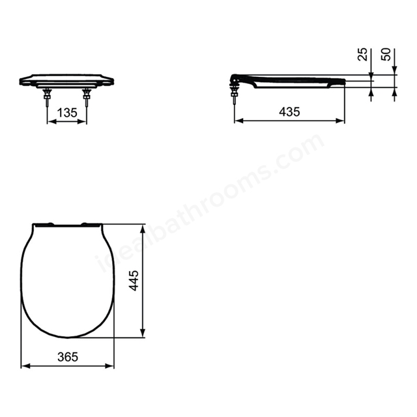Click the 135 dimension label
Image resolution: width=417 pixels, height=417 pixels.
tap(67, 113)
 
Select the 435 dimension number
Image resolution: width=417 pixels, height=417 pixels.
tap(289, 111)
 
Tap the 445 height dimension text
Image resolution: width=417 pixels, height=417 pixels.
tap(134, 281)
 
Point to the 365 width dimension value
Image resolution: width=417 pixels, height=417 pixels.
tap(68, 357)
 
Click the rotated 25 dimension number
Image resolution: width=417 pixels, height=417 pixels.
tap(363, 54)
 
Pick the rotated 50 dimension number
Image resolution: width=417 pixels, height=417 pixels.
tap(386, 54)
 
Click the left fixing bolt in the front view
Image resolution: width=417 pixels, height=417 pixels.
tap(48, 97)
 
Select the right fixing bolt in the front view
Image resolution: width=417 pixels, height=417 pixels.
tap(87, 97)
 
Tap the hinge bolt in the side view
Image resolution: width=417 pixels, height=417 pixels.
tap(235, 93)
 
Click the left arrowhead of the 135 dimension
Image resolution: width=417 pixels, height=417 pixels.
tap(51, 122)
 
